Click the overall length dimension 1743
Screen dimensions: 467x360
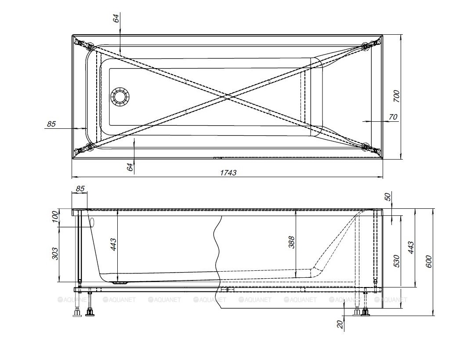click(x=228, y=173)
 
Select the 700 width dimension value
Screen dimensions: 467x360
click(x=396, y=96)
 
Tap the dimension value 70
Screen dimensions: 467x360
click(x=393, y=117)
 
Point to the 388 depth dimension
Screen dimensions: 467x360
click(x=292, y=242)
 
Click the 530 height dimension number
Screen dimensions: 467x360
click(x=396, y=261)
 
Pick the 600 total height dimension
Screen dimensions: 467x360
click(x=428, y=262)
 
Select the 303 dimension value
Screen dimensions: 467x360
click(x=56, y=253)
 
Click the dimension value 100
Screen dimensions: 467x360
click(x=56, y=217)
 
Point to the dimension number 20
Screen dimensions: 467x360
click(x=340, y=324)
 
